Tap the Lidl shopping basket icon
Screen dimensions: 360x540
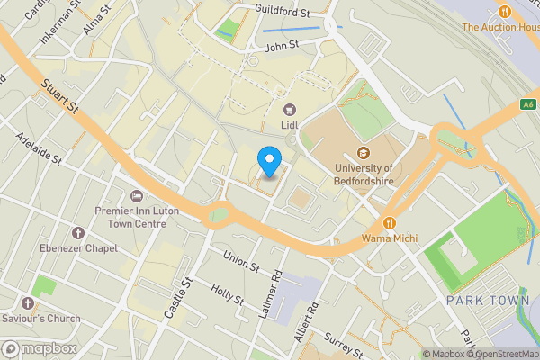coord(290,109)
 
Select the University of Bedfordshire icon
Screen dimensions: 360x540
coord(364,152)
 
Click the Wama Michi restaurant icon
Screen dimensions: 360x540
coord(389,222)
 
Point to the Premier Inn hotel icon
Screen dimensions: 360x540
coord(136,196)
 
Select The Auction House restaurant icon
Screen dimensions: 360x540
coord(504,12)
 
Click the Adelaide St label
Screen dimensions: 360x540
coord(39,149)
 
